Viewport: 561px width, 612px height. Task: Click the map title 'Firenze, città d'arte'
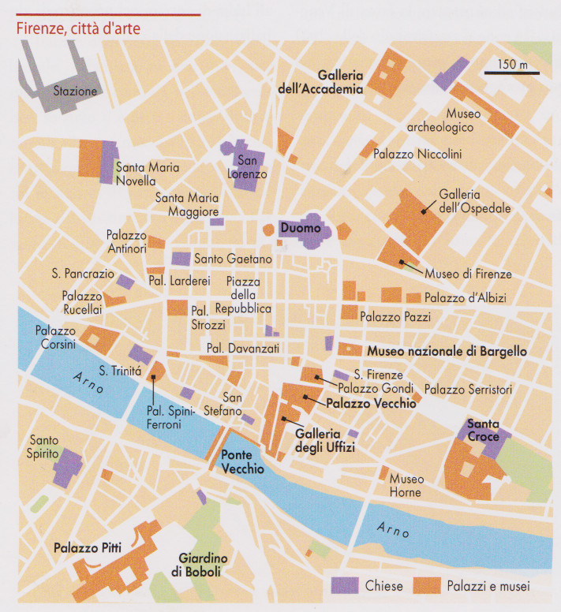pos(78,29)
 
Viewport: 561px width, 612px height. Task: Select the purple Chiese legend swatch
pos(344,586)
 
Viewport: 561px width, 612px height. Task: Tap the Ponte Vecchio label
pos(242,462)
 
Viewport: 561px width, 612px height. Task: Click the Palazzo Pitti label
pos(86,547)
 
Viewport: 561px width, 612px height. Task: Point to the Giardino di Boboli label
pos(199,565)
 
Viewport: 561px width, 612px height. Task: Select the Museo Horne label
pos(407,486)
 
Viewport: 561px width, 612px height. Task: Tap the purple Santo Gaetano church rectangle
pos(181,259)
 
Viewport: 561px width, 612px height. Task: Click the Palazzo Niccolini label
pos(417,154)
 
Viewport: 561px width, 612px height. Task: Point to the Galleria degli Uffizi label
pos(324,440)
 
